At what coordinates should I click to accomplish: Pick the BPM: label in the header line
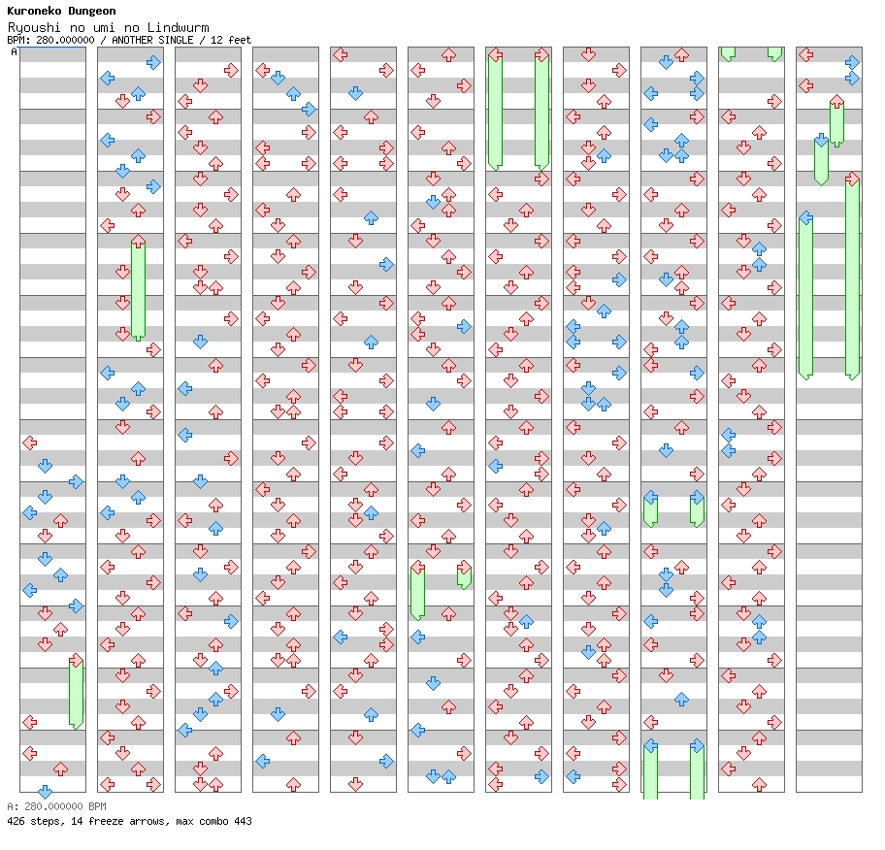17,40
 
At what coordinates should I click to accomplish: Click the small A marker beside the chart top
14,52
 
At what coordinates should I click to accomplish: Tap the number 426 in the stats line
16,821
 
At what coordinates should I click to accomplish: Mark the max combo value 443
243,821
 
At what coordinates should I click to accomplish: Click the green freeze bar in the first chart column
76,691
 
